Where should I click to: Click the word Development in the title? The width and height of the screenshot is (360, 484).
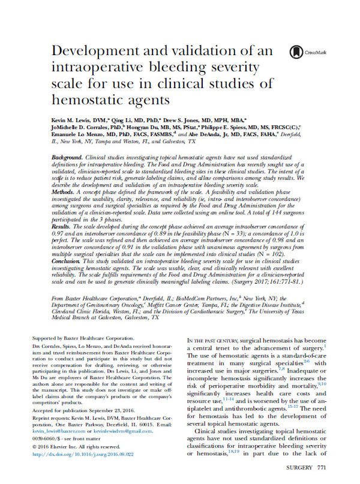pos(94,52)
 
